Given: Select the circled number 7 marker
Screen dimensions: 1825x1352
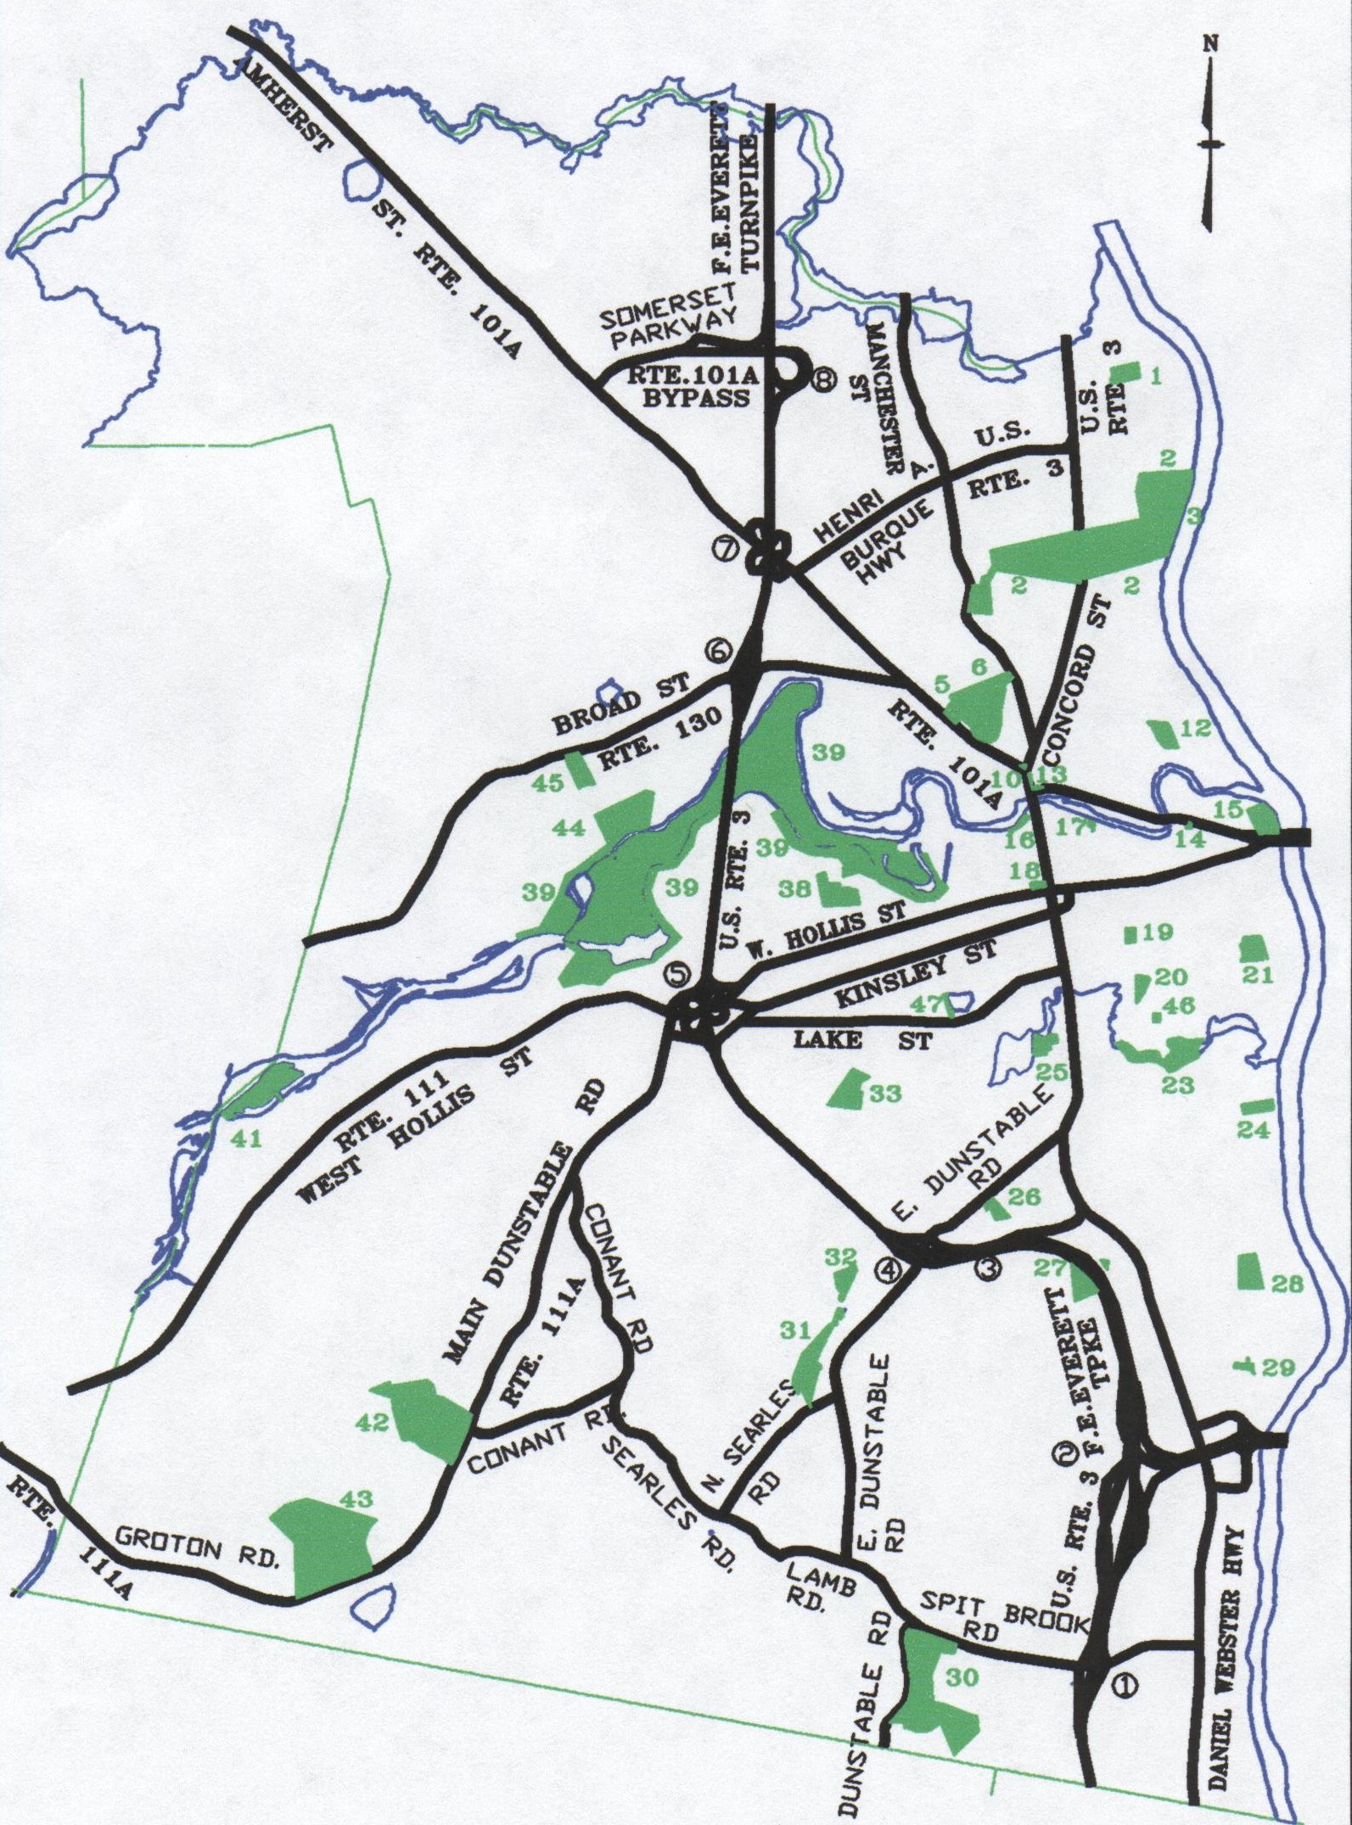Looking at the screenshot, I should point(724,549).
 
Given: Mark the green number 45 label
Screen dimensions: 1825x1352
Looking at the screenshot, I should point(548,782).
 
